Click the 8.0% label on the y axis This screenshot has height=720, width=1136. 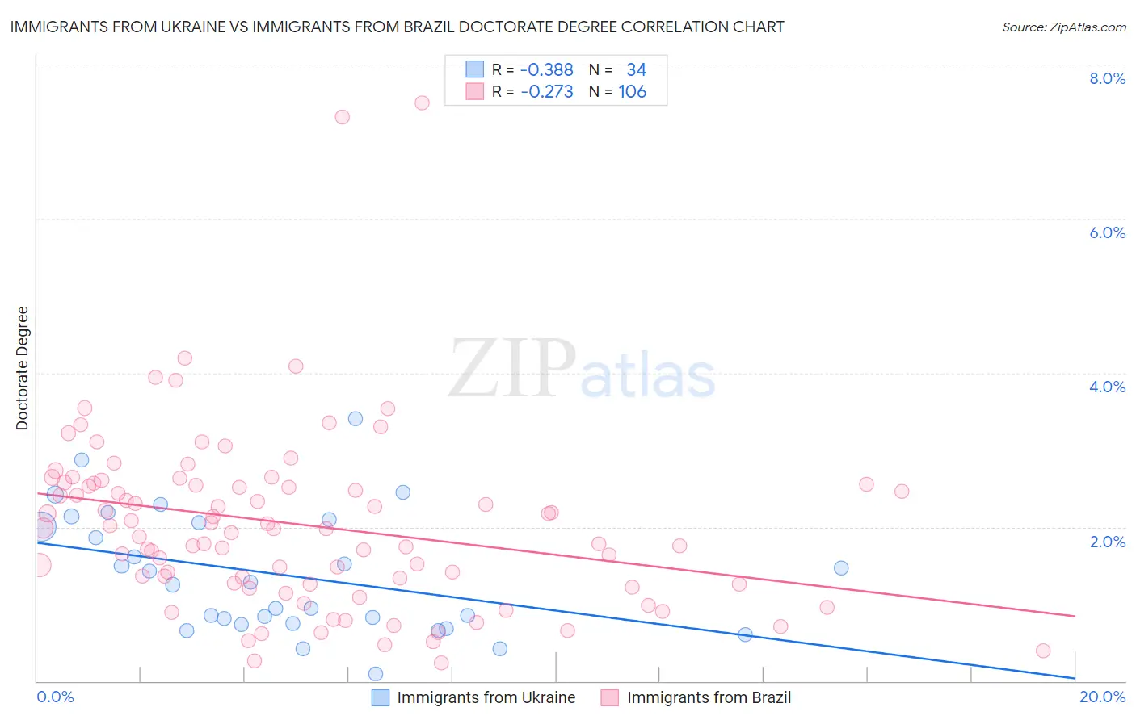point(1107,78)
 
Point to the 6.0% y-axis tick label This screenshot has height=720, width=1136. point(1107,232)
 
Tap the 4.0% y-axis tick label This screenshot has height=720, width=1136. point(1107,387)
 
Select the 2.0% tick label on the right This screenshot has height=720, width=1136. point(1107,542)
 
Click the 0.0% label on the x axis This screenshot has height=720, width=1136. point(55,697)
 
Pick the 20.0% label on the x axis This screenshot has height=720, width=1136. point(1102,697)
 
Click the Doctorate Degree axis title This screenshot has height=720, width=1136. point(22,368)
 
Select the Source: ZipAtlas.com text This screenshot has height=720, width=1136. point(1063,27)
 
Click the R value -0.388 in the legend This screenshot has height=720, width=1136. point(546,69)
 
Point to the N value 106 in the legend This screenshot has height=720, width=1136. point(632,91)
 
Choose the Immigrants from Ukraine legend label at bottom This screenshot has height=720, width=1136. point(486,697)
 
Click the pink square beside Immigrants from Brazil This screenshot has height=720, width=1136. point(609,697)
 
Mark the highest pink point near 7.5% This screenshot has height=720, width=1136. point(422,103)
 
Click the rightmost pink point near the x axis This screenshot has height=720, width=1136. point(1043,651)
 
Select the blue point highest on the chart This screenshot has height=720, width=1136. point(356,418)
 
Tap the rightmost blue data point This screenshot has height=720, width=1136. point(841,567)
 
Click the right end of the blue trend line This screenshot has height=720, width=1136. point(1075,678)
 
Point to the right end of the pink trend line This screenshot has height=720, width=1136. point(1075,616)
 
